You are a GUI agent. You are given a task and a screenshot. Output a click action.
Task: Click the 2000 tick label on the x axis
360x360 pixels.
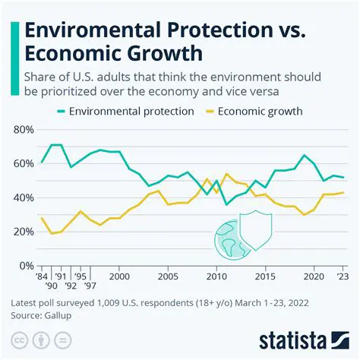(x=118, y=277)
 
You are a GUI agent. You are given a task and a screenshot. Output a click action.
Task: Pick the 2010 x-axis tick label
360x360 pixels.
(x=216, y=277)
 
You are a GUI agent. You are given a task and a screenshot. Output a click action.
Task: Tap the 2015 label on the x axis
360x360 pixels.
(x=266, y=277)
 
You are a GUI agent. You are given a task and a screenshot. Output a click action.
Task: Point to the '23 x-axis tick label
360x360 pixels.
(x=343, y=277)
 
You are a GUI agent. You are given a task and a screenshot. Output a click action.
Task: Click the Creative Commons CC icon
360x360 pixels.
(x=18, y=339)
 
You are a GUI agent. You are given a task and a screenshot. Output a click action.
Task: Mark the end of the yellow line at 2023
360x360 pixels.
(x=343, y=193)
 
